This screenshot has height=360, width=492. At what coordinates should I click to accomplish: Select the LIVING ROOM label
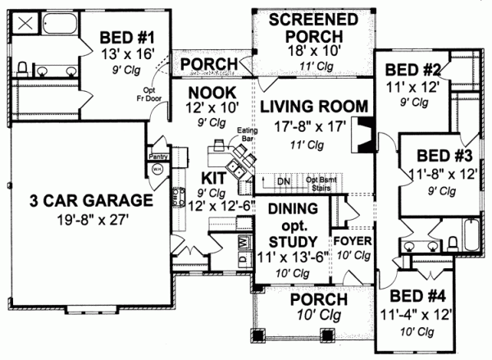pos(308,105)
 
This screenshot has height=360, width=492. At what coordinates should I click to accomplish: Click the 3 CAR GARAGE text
pos(80,200)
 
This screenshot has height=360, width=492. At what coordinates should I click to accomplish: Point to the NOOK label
pos(212,92)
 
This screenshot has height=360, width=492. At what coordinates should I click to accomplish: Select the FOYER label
pos(353,242)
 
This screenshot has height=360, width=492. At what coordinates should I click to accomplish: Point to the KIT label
pos(213,178)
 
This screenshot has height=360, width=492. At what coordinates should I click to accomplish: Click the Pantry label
pos(157,153)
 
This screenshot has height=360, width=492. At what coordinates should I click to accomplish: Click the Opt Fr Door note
pos(150,93)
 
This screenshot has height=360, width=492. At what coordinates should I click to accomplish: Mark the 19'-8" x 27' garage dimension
pos(80,219)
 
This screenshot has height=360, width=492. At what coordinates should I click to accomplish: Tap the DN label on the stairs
pos(283,180)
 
